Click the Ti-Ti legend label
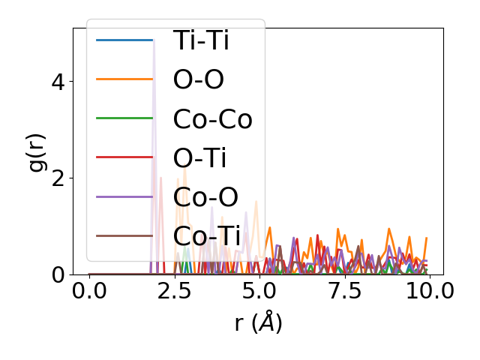(200, 40)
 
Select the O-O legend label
(198, 79)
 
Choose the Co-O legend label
(205, 196)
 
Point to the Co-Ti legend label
(207, 235)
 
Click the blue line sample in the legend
(124, 40)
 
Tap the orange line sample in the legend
(124, 79)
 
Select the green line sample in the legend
(124, 118)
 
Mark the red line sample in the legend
(124, 157)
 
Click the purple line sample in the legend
(124, 196)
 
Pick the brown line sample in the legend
(124, 235)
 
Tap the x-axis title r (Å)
(258, 322)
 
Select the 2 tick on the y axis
(58, 178)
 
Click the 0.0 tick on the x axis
(89, 291)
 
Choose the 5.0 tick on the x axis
(259, 291)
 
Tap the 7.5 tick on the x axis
(343, 291)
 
